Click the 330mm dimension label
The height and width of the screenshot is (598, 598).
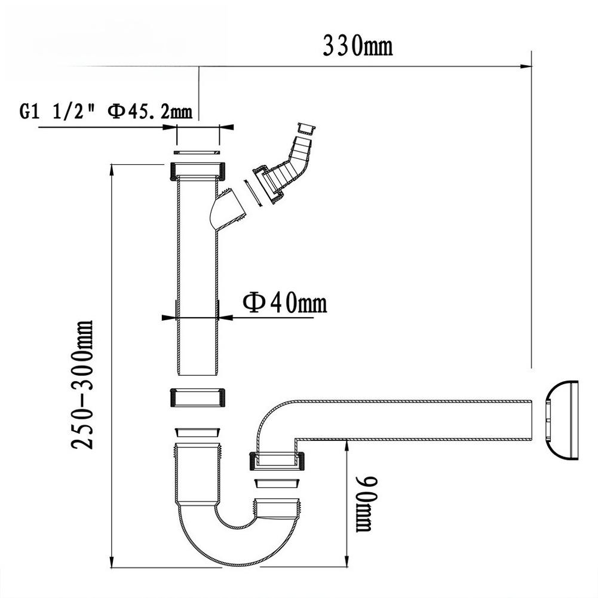pyautogui.click(x=357, y=45)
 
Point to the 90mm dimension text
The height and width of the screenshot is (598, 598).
pyautogui.click(x=364, y=503)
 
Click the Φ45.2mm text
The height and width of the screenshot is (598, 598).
pyautogui.click(x=149, y=111)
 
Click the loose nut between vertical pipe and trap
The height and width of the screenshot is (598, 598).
pyautogui.click(x=198, y=397)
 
